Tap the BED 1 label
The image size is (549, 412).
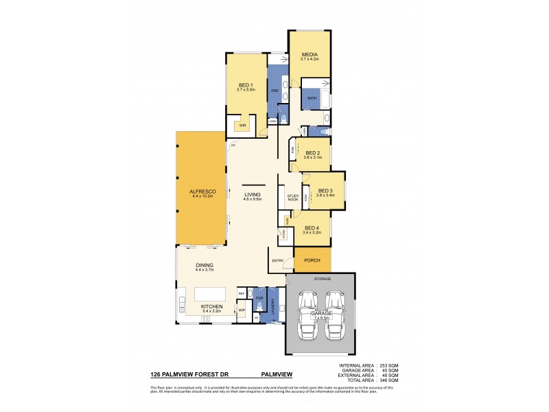246,84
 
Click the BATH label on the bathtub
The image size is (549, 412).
312,98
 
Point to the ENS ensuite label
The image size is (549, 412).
274,90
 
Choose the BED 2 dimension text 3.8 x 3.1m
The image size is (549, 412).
312,158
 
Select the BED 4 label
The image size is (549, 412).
311,227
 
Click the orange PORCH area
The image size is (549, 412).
312,260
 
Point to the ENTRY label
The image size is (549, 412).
278,260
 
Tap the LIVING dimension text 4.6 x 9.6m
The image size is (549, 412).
253,199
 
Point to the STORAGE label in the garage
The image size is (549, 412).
323,279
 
